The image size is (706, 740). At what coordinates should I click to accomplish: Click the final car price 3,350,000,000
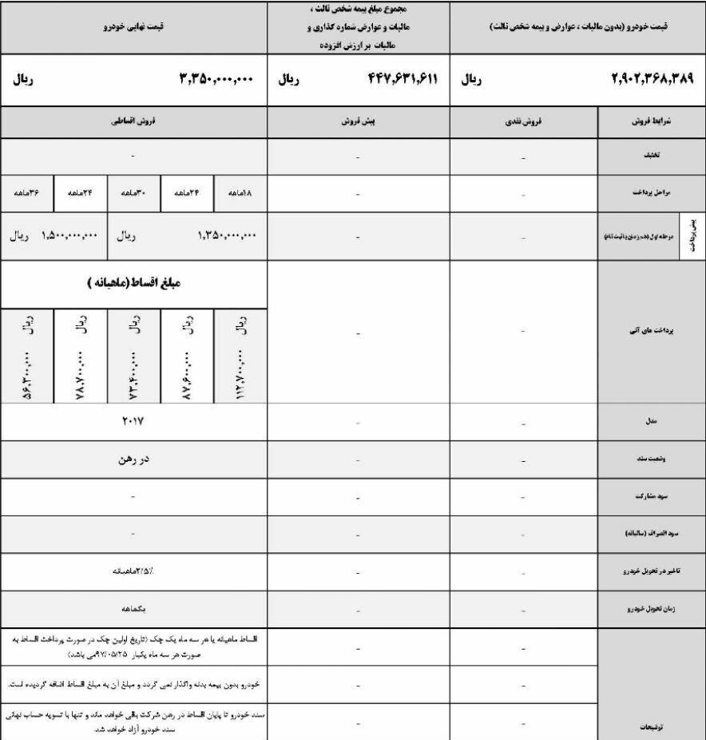(215, 79)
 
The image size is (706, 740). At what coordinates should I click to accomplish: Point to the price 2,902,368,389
(652, 79)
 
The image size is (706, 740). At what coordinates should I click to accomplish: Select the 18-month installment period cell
(240, 193)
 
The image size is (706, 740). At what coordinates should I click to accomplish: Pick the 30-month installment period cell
(133, 193)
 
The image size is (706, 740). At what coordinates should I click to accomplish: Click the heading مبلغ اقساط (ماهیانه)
(133, 284)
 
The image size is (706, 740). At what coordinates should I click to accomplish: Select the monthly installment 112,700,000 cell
(240, 355)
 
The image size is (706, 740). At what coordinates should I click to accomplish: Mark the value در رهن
(133, 460)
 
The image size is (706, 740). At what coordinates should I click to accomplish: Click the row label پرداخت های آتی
(651, 333)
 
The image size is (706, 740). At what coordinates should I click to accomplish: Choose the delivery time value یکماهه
(133, 609)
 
